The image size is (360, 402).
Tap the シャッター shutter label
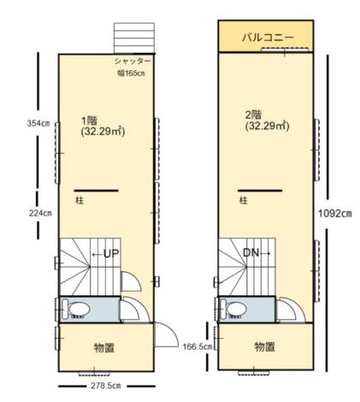[133, 62]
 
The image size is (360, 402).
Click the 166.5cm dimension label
[197, 347]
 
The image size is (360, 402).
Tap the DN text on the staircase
[256, 253]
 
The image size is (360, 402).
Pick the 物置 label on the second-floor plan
[264, 347]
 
